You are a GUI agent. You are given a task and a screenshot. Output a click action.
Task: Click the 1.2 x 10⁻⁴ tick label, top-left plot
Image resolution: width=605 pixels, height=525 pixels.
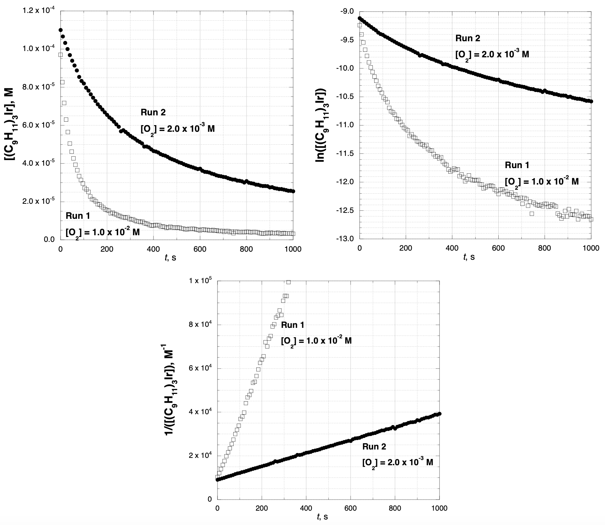click(38, 10)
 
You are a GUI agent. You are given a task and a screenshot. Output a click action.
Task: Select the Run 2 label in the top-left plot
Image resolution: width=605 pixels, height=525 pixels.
click(153, 112)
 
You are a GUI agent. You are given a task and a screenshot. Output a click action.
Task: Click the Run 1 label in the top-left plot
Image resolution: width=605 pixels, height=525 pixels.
click(78, 216)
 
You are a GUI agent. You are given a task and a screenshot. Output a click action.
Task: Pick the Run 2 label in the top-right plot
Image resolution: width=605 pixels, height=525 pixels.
click(468, 38)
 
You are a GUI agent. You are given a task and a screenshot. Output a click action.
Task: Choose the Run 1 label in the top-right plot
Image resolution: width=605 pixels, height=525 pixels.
click(517, 165)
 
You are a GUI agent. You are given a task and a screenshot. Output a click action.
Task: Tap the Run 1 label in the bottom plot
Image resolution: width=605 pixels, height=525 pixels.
click(293, 325)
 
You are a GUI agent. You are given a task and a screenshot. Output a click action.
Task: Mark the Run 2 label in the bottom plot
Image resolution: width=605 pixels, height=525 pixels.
click(374, 446)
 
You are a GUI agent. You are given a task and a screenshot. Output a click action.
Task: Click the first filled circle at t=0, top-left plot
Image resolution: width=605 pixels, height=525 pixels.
click(60, 30)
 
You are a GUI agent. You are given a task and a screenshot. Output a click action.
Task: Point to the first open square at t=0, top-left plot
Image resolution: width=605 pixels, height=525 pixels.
click(60, 55)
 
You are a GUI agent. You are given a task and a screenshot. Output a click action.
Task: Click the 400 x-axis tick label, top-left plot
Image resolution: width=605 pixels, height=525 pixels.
click(153, 249)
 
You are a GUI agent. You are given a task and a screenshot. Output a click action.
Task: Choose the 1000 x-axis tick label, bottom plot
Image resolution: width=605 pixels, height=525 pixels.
click(439, 508)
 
